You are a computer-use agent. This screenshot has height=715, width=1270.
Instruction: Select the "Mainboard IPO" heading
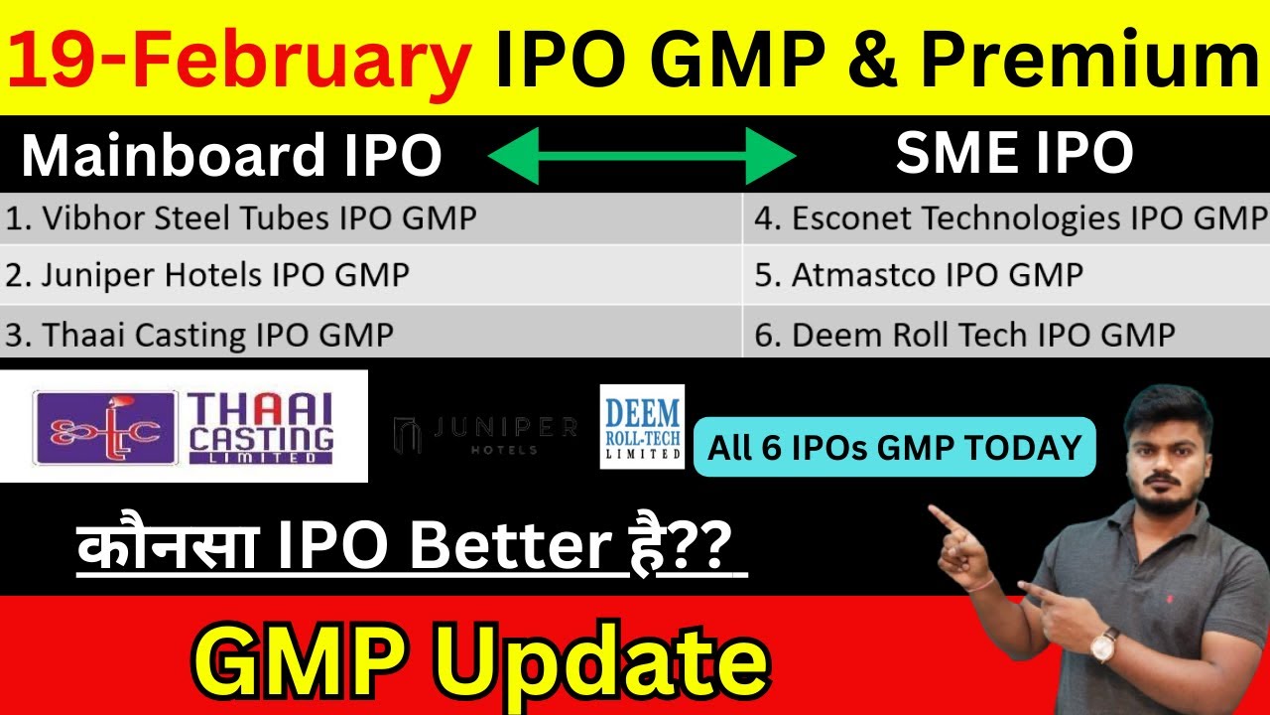pyautogui.click(x=231, y=157)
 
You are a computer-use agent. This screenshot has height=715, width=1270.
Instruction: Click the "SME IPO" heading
pyautogui.click(x=1014, y=154)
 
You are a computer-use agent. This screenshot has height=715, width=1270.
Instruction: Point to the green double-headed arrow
pyautogui.click(x=642, y=156)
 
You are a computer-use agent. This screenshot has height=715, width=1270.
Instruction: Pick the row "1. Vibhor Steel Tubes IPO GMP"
pyautogui.click(x=241, y=218)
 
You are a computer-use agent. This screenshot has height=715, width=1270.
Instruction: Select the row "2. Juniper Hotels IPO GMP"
pyautogui.click(x=207, y=275)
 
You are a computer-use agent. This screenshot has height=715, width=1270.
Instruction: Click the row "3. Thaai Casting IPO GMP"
pyautogui.click(x=199, y=335)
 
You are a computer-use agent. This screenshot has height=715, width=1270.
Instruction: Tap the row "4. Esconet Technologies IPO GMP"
pyautogui.click(x=1010, y=218)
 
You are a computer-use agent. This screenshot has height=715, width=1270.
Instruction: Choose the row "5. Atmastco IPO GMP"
pyautogui.click(x=918, y=275)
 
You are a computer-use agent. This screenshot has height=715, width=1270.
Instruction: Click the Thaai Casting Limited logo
pyautogui.click(x=184, y=426)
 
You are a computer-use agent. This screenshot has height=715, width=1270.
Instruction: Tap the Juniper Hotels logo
pyautogui.click(x=486, y=434)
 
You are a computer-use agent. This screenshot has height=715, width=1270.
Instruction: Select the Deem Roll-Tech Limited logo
pyautogui.click(x=642, y=426)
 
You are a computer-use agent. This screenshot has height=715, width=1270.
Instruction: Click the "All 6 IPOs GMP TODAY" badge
pyautogui.click(x=894, y=447)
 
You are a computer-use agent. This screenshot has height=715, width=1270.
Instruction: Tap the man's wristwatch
pyautogui.click(x=1103, y=644)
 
